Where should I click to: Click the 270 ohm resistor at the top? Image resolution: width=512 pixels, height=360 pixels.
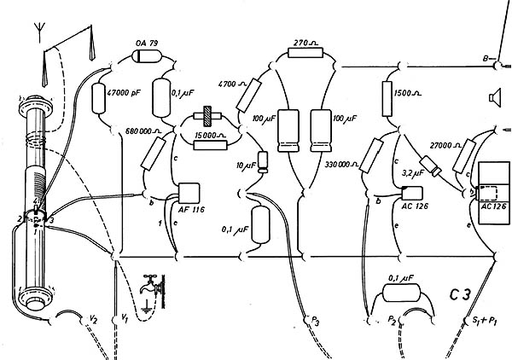(303, 54)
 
